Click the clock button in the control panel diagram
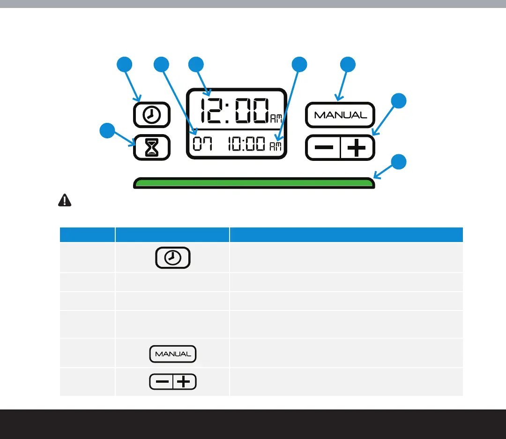(x=151, y=115)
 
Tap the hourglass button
(x=151, y=148)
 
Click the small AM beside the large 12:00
(x=276, y=120)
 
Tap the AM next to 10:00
(x=276, y=147)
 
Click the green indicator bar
(x=253, y=183)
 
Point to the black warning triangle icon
(x=64, y=200)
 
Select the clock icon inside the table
(x=173, y=257)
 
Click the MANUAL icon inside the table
(x=173, y=354)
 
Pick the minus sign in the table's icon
(x=162, y=382)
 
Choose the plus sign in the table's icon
(x=185, y=382)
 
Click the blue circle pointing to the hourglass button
(x=108, y=131)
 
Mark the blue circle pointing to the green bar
(x=399, y=162)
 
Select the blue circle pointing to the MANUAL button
(x=348, y=65)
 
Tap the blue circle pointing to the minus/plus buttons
(x=399, y=101)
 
